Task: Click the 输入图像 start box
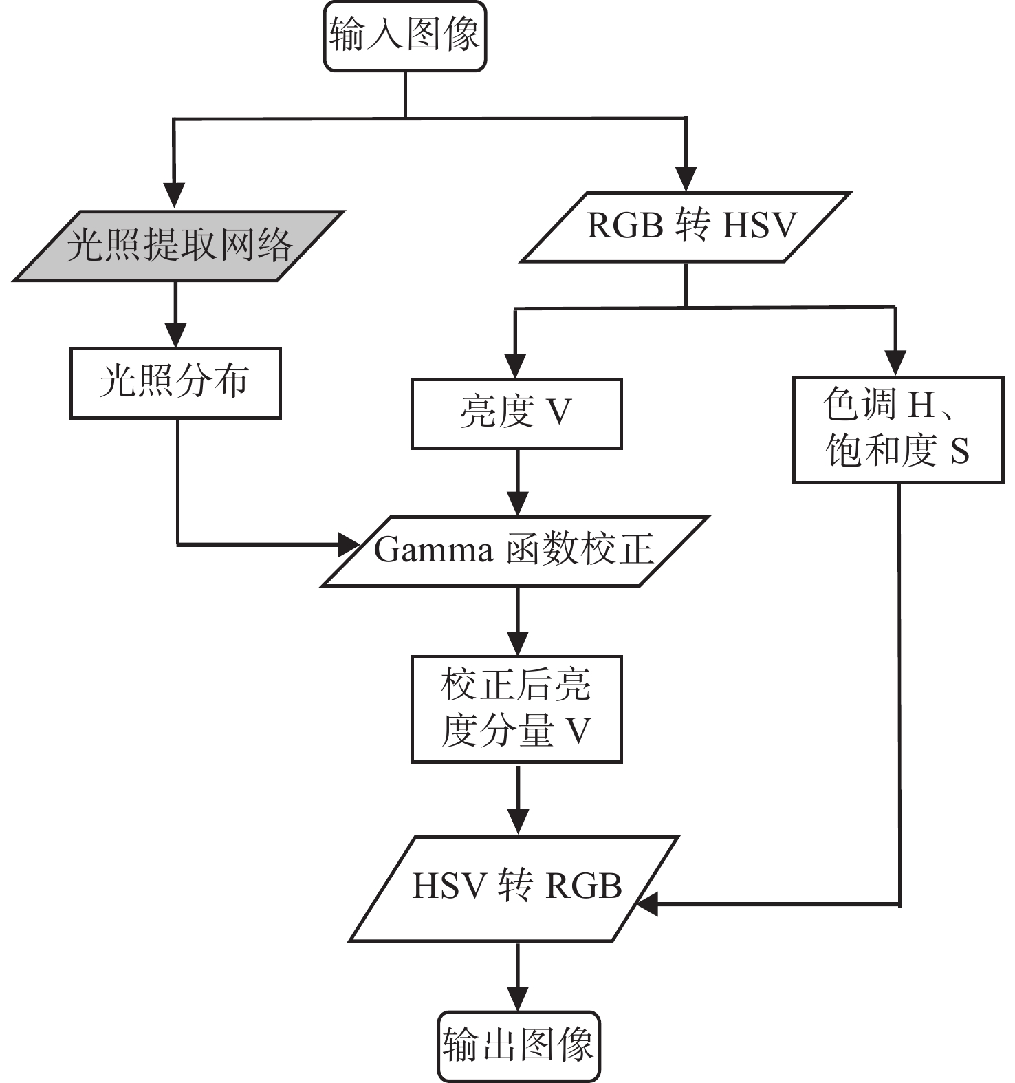point(405,36)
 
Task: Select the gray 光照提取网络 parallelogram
point(178,246)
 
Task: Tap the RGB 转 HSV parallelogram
point(686,226)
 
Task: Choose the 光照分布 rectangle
point(175,383)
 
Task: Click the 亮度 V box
point(516,413)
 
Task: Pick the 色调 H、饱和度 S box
point(897,429)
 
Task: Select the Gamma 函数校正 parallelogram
point(515,550)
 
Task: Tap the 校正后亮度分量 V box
point(516,709)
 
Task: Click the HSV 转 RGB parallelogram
point(515,888)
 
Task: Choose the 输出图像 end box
point(519,1046)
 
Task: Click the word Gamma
point(433,550)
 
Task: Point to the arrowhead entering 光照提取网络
point(175,195)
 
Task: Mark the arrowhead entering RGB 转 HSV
point(686,178)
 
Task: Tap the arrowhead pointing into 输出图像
point(518,998)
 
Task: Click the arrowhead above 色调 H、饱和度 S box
point(895,363)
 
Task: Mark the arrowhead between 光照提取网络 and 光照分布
point(175,334)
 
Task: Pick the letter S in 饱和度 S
point(959,452)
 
